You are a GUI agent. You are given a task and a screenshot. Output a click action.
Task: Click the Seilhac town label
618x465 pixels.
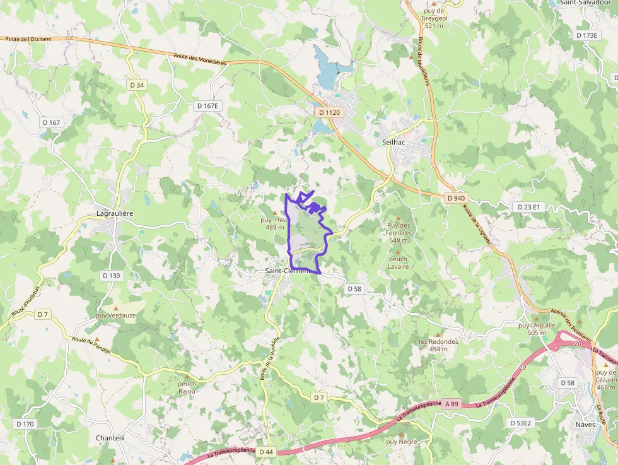coord(394,143)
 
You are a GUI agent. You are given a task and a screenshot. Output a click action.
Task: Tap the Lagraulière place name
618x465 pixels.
coord(114,213)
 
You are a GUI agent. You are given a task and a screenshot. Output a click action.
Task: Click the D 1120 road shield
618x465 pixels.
coord(329,112)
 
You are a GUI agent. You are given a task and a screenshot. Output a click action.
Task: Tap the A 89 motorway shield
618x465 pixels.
coord(451,403)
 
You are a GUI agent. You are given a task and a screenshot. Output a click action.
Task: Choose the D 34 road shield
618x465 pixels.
coord(136,85)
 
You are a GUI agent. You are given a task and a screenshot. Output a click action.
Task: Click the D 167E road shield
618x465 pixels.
coord(207,106)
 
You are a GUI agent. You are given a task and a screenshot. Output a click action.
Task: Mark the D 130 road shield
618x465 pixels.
coord(111,276)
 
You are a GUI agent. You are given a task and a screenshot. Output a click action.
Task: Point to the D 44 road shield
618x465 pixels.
coord(266,452)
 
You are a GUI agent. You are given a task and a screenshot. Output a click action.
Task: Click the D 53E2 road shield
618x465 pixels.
coord(520,423)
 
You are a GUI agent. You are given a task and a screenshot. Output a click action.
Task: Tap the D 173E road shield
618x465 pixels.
coord(586,36)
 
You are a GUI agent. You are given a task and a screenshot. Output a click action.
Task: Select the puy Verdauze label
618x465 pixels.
coord(115,315)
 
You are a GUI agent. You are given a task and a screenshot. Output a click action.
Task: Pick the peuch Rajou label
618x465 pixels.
coord(187,387)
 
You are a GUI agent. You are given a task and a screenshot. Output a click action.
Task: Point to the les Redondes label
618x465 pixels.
coord(438,344)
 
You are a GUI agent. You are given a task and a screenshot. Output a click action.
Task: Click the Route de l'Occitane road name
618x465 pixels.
coord(28,39)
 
